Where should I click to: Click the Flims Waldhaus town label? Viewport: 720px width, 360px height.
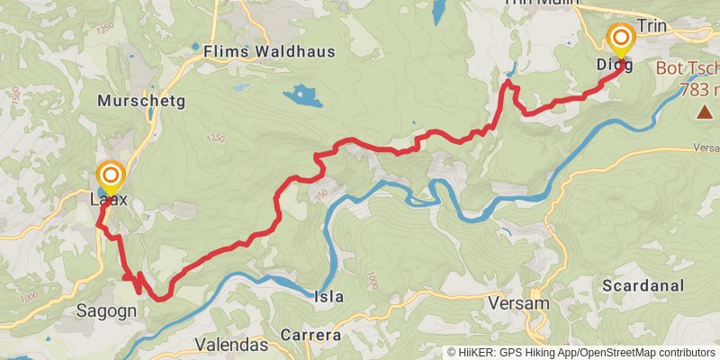click(x=269, y=51)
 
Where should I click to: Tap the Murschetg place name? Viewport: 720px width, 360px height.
click(x=144, y=101)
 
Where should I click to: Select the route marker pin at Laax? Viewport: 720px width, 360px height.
click(x=111, y=176)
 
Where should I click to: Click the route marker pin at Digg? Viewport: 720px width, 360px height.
click(x=620, y=40)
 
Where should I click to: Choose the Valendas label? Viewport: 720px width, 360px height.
click(x=231, y=345)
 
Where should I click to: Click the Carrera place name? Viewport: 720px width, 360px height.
click(x=310, y=335)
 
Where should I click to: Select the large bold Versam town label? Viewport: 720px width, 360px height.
click(x=517, y=303)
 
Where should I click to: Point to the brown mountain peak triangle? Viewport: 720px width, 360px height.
click(x=704, y=112)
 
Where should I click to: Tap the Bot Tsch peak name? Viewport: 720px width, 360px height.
click(x=688, y=67)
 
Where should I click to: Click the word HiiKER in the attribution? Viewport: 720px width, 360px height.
click(x=477, y=353)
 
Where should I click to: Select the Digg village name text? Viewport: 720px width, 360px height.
click(x=614, y=65)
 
